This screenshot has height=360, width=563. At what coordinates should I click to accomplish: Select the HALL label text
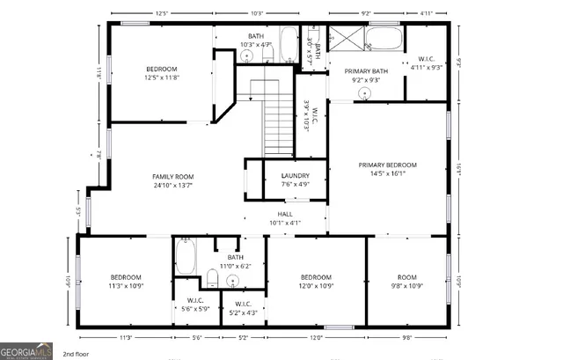coord(286,214)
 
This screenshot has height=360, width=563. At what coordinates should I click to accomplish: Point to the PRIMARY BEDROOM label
coord(387,165)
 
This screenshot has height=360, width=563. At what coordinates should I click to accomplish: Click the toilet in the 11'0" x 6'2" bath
coord(212,279)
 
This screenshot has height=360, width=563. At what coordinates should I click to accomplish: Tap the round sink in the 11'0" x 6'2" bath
coord(232,282)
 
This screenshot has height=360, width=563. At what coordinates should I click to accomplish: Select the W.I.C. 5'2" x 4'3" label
coord(243,308)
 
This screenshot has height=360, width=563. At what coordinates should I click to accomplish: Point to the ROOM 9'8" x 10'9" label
coord(406,281)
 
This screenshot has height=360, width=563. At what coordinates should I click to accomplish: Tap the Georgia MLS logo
coord(26,351)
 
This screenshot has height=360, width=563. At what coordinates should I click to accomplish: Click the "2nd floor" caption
coord(76,354)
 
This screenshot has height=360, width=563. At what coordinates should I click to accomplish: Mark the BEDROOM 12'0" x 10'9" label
coord(316,281)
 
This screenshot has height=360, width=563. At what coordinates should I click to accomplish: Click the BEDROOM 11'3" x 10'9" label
coord(126,281)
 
